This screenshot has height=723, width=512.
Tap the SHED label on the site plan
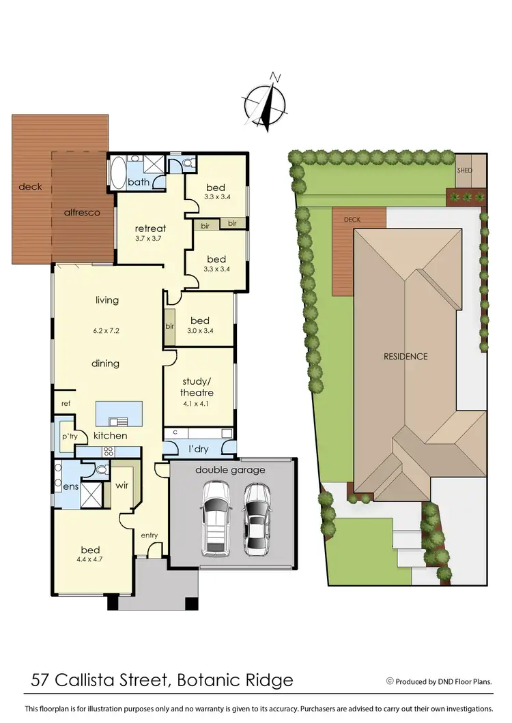[464, 171]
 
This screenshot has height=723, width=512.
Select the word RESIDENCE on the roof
[405, 356]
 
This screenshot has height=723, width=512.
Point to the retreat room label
[150, 228]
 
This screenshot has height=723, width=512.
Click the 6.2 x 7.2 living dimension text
[106, 331]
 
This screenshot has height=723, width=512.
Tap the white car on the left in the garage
[216, 518]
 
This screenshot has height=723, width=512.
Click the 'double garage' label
[230, 470]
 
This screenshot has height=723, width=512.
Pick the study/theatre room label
[197, 387]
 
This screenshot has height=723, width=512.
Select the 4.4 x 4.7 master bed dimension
[90, 560]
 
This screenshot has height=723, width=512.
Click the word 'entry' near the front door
[149, 535]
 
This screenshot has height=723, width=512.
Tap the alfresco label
[82, 212]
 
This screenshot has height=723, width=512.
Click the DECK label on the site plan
[352, 220]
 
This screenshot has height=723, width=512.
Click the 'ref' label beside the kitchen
[66, 403]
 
